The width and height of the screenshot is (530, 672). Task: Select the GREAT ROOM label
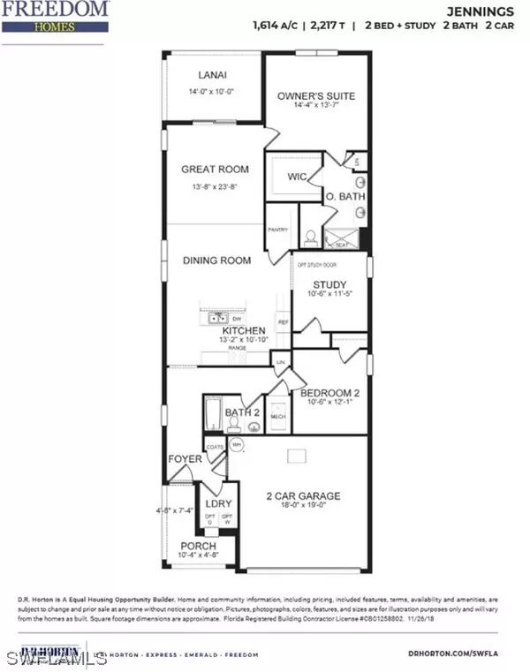coord(215,169)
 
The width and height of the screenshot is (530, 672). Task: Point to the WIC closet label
coord(297,177)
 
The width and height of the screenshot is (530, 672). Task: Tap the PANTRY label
coord(278,229)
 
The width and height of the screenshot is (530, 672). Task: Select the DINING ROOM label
coord(216,260)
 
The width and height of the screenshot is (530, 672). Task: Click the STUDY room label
coord(329,284)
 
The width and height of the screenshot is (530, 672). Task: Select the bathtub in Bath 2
coord(212,413)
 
